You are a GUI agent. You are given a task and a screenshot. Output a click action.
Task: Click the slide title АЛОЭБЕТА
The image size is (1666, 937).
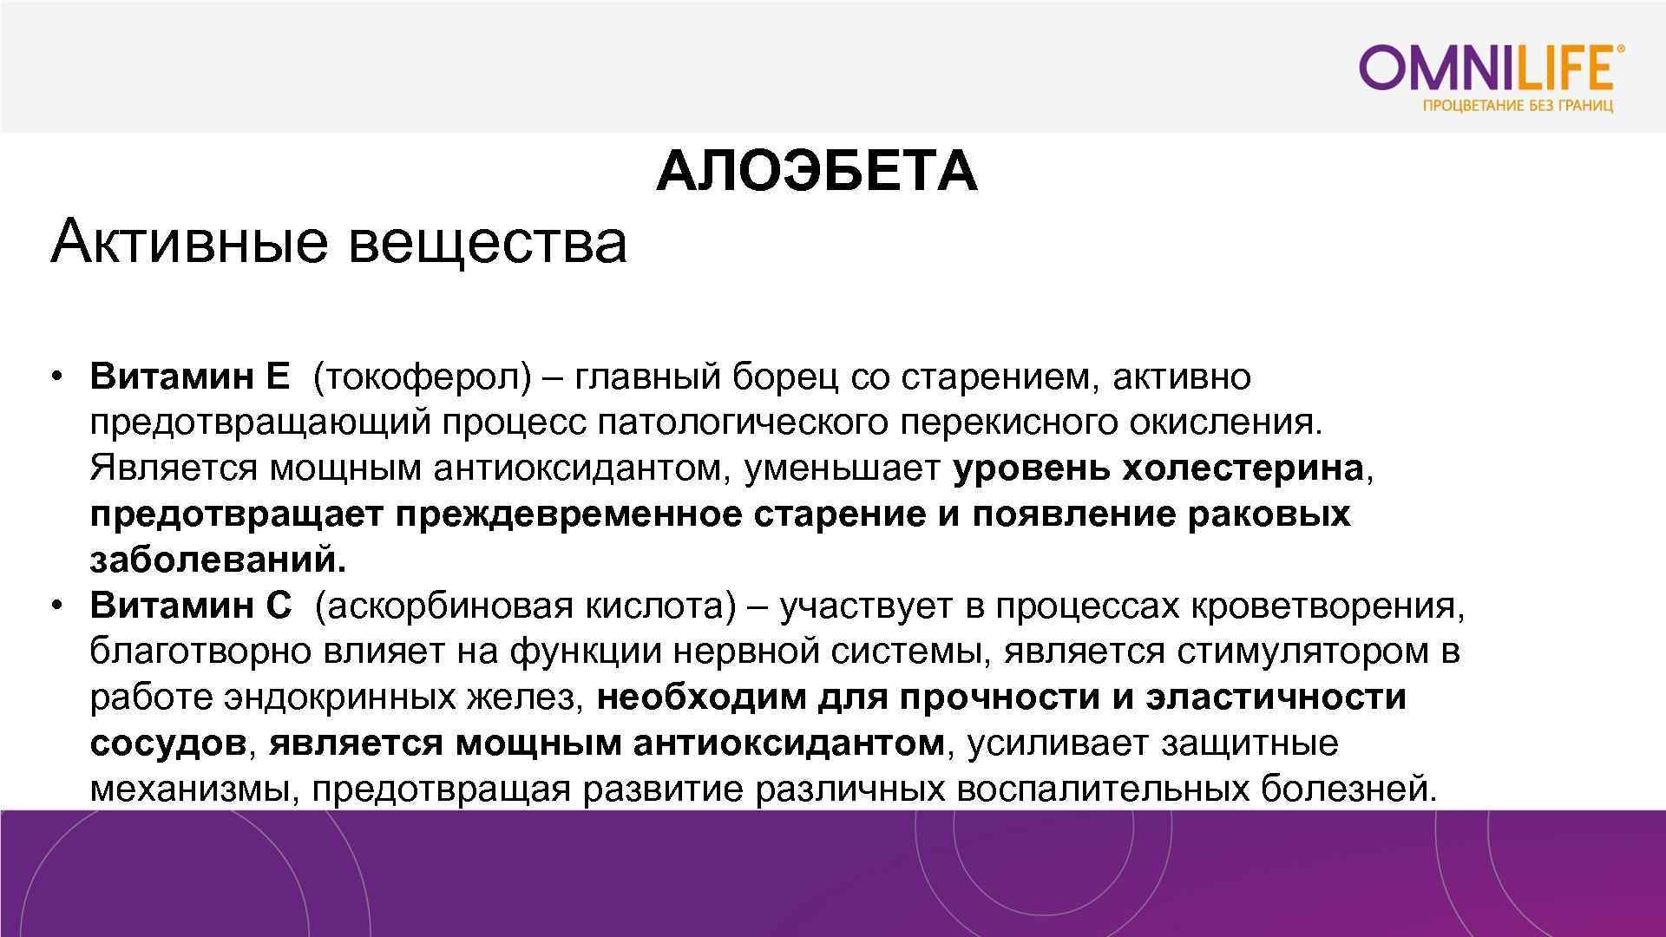click(x=817, y=171)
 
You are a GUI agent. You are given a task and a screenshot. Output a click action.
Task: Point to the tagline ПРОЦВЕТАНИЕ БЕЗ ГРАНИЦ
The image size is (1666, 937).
click(x=1518, y=107)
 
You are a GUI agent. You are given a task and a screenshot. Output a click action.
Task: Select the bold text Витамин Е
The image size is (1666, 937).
click(x=189, y=377)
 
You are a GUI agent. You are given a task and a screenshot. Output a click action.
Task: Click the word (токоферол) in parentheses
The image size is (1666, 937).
click(x=422, y=377)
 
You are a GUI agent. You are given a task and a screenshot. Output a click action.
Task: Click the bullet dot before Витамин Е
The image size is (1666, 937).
click(x=57, y=377)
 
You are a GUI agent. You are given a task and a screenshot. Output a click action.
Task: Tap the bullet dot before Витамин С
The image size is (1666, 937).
click(x=57, y=605)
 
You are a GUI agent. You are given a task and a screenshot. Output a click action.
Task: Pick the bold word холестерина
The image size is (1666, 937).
click(x=1243, y=468)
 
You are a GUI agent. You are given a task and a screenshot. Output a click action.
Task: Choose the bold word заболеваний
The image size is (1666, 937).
click(x=217, y=560)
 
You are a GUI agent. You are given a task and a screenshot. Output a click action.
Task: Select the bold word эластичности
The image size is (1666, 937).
click(x=1276, y=698)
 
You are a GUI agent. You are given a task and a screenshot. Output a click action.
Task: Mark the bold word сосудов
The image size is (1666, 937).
click(x=167, y=744)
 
